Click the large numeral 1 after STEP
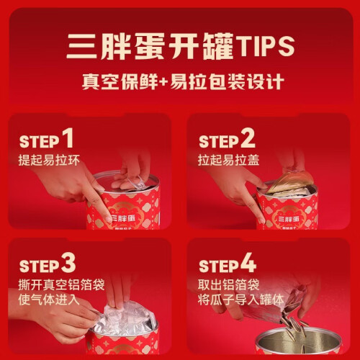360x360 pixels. coord(68,138)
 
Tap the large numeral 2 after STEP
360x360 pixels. coord(248,138)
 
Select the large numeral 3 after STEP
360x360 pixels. coord(68,263)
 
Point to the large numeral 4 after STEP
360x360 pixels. coord(248,263)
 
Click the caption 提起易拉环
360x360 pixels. coord(49,160)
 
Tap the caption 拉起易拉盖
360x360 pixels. coord(229,160)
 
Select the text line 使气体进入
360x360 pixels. coord(49,300)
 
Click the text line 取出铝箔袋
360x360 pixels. coord(229,285)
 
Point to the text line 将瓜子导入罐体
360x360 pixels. coord(241,300)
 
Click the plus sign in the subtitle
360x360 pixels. coord(164,82)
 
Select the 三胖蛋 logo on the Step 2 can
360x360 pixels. coord(288,219)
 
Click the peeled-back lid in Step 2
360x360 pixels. coord(290,181)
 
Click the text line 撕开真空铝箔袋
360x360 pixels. coord(61,285)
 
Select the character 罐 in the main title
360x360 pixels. coord(218,46)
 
